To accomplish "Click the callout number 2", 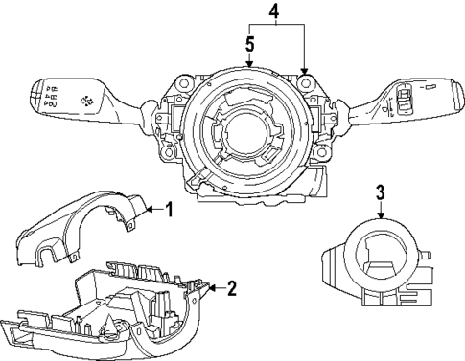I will coord(232,286).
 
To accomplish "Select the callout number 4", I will coord(275,13).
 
